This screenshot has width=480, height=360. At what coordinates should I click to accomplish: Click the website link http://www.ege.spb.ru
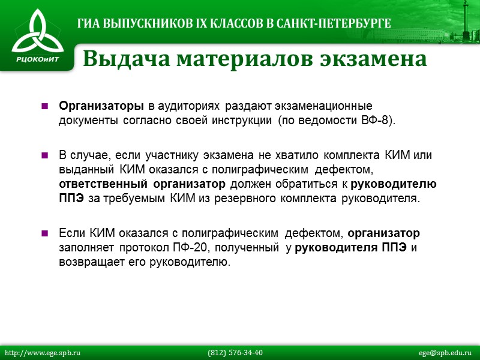coord(43,352)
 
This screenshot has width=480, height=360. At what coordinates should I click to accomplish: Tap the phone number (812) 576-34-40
coord(235,352)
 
